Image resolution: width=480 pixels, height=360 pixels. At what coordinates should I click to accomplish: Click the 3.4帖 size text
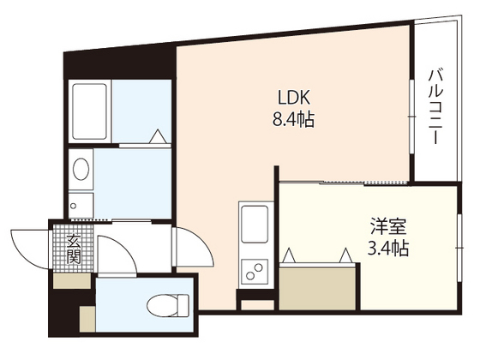(388, 249)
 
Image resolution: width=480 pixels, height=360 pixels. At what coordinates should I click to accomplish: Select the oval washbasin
(80, 168)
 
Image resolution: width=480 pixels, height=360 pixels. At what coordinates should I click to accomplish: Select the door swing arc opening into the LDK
(193, 251)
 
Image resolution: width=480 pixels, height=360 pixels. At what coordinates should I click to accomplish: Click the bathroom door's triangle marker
(158, 135)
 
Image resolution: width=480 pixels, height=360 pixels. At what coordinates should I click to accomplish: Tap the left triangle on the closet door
(289, 255)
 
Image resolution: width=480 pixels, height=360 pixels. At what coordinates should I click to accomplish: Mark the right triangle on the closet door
(345, 255)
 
